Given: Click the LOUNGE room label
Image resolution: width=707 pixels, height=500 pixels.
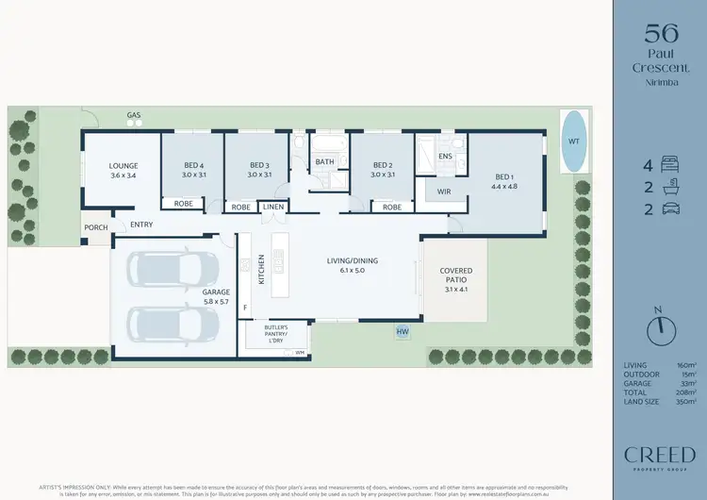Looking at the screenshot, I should [124, 164].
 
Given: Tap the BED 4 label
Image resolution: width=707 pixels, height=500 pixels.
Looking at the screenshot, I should [194, 164].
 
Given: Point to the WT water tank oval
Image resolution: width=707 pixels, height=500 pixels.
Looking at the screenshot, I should [572, 142].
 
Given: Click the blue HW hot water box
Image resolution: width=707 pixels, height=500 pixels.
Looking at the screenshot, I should [403, 332].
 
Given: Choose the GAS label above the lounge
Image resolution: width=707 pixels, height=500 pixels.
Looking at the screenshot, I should [135, 116].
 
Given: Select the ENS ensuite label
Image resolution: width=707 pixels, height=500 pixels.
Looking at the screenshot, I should [446, 156].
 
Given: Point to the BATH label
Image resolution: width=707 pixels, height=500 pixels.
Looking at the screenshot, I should [325, 162].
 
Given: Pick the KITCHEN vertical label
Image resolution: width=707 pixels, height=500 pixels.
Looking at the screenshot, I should [261, 270].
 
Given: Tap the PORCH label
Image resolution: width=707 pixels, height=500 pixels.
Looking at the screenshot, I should [95, 227].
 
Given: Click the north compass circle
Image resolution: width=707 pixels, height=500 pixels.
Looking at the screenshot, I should [661, 330].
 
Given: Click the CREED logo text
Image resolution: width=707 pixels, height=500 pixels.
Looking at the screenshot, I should [660, 455].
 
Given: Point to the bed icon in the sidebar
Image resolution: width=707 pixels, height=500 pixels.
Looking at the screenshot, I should [669, 162].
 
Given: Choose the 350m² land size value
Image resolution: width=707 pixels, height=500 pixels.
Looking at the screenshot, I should [685, 402].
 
